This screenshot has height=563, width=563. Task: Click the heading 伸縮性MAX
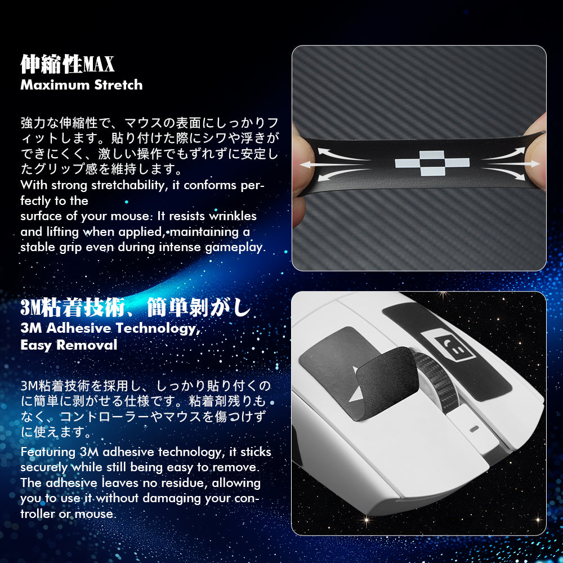(x=67, y=64)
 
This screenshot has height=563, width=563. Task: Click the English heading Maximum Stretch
(x=82, y=85)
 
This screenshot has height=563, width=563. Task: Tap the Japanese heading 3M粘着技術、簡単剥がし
(x=135, y=307)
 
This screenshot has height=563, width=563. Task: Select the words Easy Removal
(x=69, y=345)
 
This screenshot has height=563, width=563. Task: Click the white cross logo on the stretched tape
(x=432, y=163)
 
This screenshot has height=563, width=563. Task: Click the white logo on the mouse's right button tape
(x=449, y=345)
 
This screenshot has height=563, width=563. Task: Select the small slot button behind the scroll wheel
(x=474, y=428)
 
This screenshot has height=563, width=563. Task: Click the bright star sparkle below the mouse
(x=367, y=520)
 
